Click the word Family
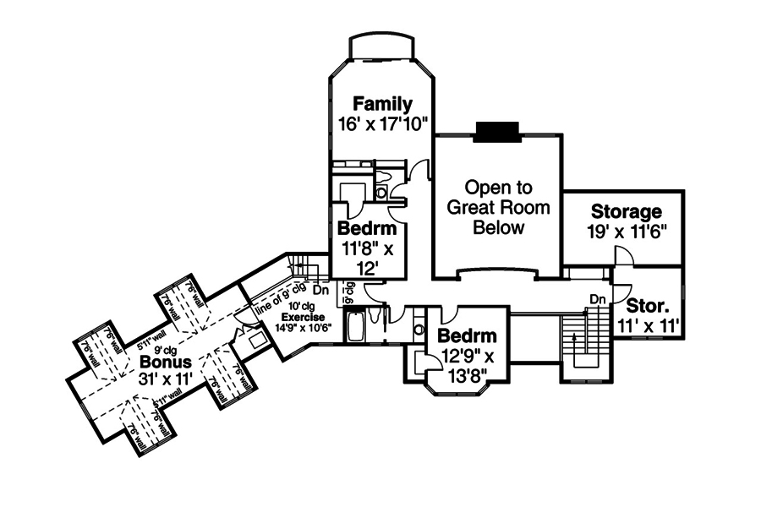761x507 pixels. (382, 104)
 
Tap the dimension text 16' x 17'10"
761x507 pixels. (382, 123)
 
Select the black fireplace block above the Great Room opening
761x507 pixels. (495, 131)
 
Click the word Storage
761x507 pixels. (626, 211)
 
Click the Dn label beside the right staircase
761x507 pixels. (597, 299)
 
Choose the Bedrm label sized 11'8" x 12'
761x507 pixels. (368, 228)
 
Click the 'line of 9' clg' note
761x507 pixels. (276, 297)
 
